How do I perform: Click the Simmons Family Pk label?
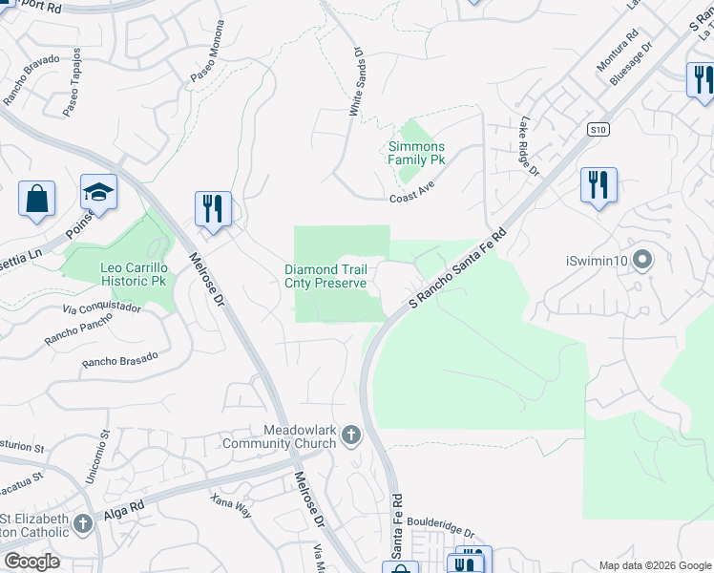[416, 153]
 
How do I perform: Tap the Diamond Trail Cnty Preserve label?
[325, 277]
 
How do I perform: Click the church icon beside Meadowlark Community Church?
[351, 436]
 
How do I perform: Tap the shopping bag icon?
[37, 199]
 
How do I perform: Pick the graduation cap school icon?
[98, 192]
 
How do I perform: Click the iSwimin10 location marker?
[642, 260]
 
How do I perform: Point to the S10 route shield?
[598, 129]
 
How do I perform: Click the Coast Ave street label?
[412, 199]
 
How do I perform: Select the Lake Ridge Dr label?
[529, 147]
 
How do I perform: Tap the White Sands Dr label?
[356, 84]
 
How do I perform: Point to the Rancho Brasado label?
[119, 360]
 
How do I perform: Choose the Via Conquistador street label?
[101, 309]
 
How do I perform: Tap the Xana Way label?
[232, 505]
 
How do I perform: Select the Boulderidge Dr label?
[440, 523]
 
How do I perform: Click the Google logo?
[31, 562]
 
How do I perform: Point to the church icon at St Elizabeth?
[84, 523]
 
